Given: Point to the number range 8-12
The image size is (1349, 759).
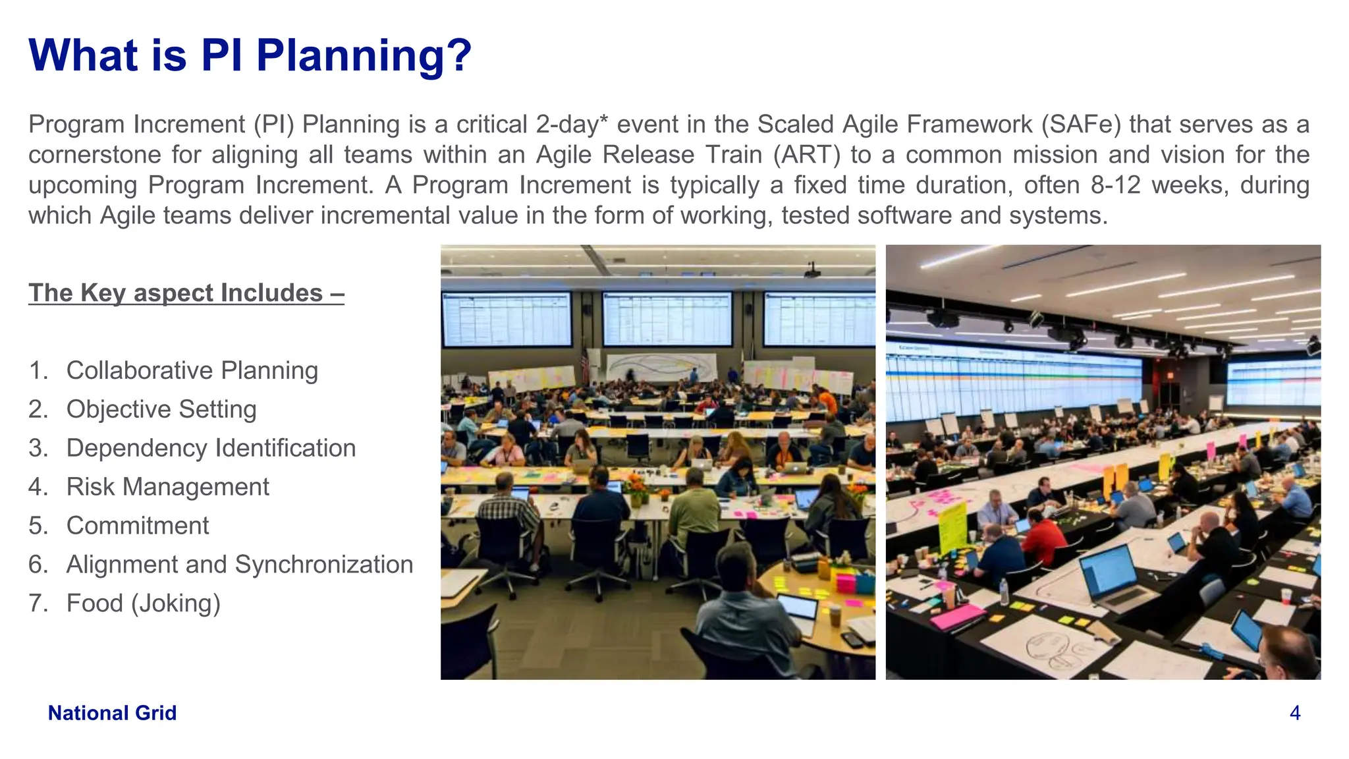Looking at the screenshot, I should [1115, 185].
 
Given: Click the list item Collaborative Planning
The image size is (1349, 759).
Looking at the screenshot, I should [192, 370].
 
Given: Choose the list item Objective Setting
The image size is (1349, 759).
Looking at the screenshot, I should [161, 409].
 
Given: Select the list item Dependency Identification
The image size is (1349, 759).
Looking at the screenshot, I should [211, 448].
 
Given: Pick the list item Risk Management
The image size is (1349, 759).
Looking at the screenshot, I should [167, 487].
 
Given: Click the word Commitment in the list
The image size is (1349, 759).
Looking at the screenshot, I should [137, 526].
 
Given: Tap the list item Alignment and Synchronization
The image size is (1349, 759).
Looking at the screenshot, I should [239, 565].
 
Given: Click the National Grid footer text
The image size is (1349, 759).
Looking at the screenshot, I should [112, 713].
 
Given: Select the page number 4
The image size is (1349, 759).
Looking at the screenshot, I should [1294, 713].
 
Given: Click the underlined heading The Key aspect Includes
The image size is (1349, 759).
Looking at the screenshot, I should [186, 293].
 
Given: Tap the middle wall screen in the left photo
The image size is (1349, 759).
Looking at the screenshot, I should [667, 319].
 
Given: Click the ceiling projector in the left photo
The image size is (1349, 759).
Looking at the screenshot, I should [812, 271].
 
